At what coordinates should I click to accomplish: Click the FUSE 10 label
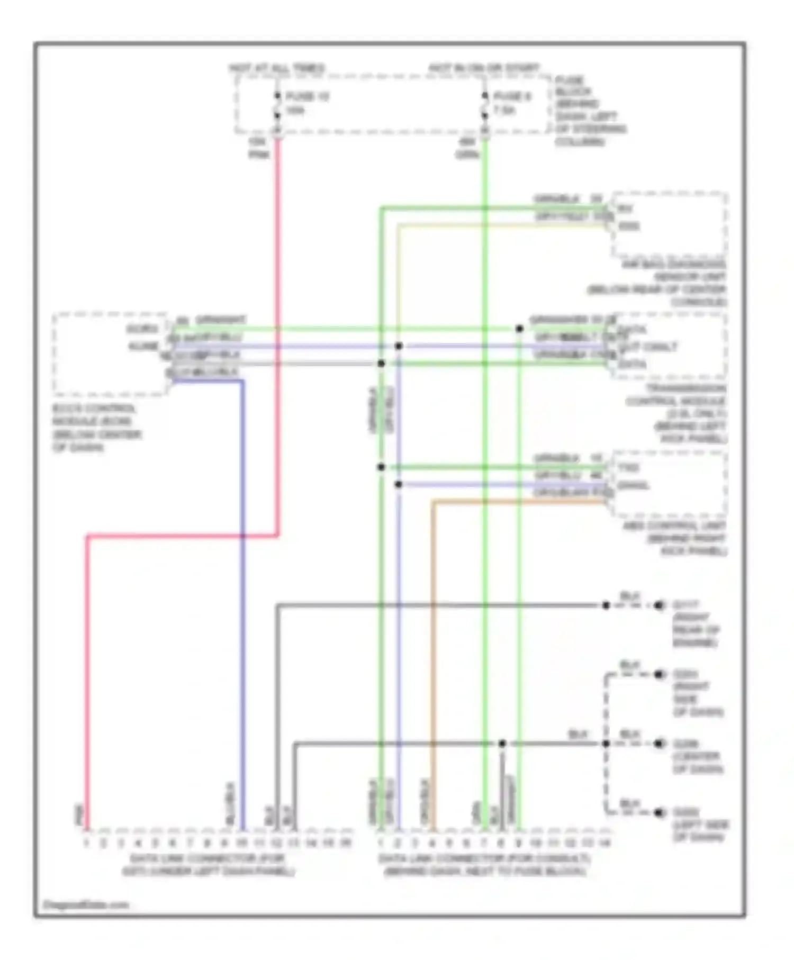(307, 97)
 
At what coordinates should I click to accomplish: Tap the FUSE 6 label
(512, 97)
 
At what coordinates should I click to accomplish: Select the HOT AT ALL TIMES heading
(276, 68)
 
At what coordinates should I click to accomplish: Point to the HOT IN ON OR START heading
(483, 68)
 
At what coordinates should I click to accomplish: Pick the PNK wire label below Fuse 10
(259, 155)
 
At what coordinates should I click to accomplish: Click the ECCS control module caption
(95, 428)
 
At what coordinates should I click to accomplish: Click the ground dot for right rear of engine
(659, 605)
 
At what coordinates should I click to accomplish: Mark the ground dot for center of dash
(659, 744)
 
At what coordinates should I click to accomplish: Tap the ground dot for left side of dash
(659, 812)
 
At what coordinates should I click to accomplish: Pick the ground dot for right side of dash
(659, 675)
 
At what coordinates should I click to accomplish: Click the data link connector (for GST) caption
(207, 865)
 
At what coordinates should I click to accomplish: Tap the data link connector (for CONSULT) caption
(484, 865)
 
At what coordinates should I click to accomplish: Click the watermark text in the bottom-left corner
(86, 905)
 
